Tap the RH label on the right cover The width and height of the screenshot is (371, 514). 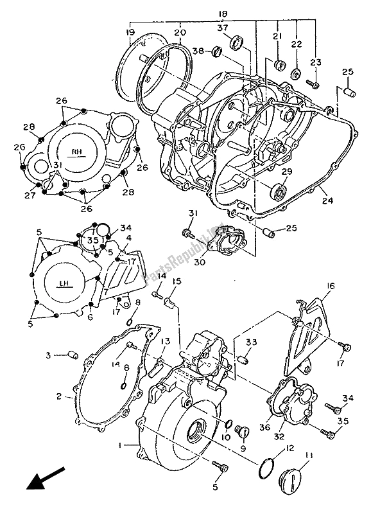tap(77, 152)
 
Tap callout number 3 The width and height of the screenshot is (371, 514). tap(47, 355)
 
